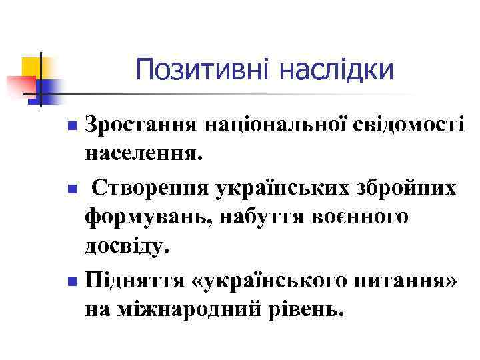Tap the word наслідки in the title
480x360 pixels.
(x=338, y=70)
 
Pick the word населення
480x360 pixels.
(x=141, y=155)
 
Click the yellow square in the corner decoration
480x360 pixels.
(x=30, y=67)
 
